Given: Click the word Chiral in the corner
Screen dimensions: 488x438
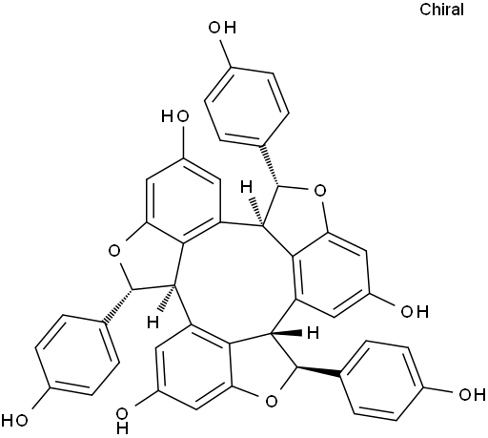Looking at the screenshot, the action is pyautogui.click(x=441, y=10).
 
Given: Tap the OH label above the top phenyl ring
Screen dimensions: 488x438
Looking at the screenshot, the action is pyautogui.click(x=222, y=28).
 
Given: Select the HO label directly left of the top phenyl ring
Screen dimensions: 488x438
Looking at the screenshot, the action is pyautogui.click(x=175, y=116).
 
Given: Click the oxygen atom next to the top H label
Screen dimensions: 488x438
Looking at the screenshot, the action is pyautogui.click(x=319, y=191).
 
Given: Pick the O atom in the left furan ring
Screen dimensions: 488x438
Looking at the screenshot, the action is pyautogui.click(x=114, y=251).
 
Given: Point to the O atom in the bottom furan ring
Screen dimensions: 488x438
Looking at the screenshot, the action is pyautogui.click(x=271, y=401).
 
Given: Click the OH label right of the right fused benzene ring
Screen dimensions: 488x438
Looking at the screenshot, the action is pyautogui.click(x=415, y=311).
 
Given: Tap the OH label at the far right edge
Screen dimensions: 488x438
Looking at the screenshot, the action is pyautogui.click(x=473, y=395).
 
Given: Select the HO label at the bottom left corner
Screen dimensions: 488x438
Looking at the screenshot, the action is pyautogui.click(x=14, y=421).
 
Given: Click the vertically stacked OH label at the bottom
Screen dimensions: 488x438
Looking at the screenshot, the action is pyautogui.click(x=122, y=421).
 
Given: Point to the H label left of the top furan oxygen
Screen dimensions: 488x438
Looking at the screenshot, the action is pyautogui.click(x=246, y=187).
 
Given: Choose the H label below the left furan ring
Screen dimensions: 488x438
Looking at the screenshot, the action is pyautogui.click(x=152, y=323).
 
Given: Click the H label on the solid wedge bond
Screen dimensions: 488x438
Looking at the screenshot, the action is pyautogui.click(x=313, y=333).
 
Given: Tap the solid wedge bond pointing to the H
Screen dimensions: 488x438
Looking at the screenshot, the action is pyautogui.click(x=286, y=334).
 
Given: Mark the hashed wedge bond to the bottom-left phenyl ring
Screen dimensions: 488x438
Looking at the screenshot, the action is pyautogui.click(x=117, y=305).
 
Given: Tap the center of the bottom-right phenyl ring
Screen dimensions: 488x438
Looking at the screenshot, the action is pyautogui.click(x=382, y=381).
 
